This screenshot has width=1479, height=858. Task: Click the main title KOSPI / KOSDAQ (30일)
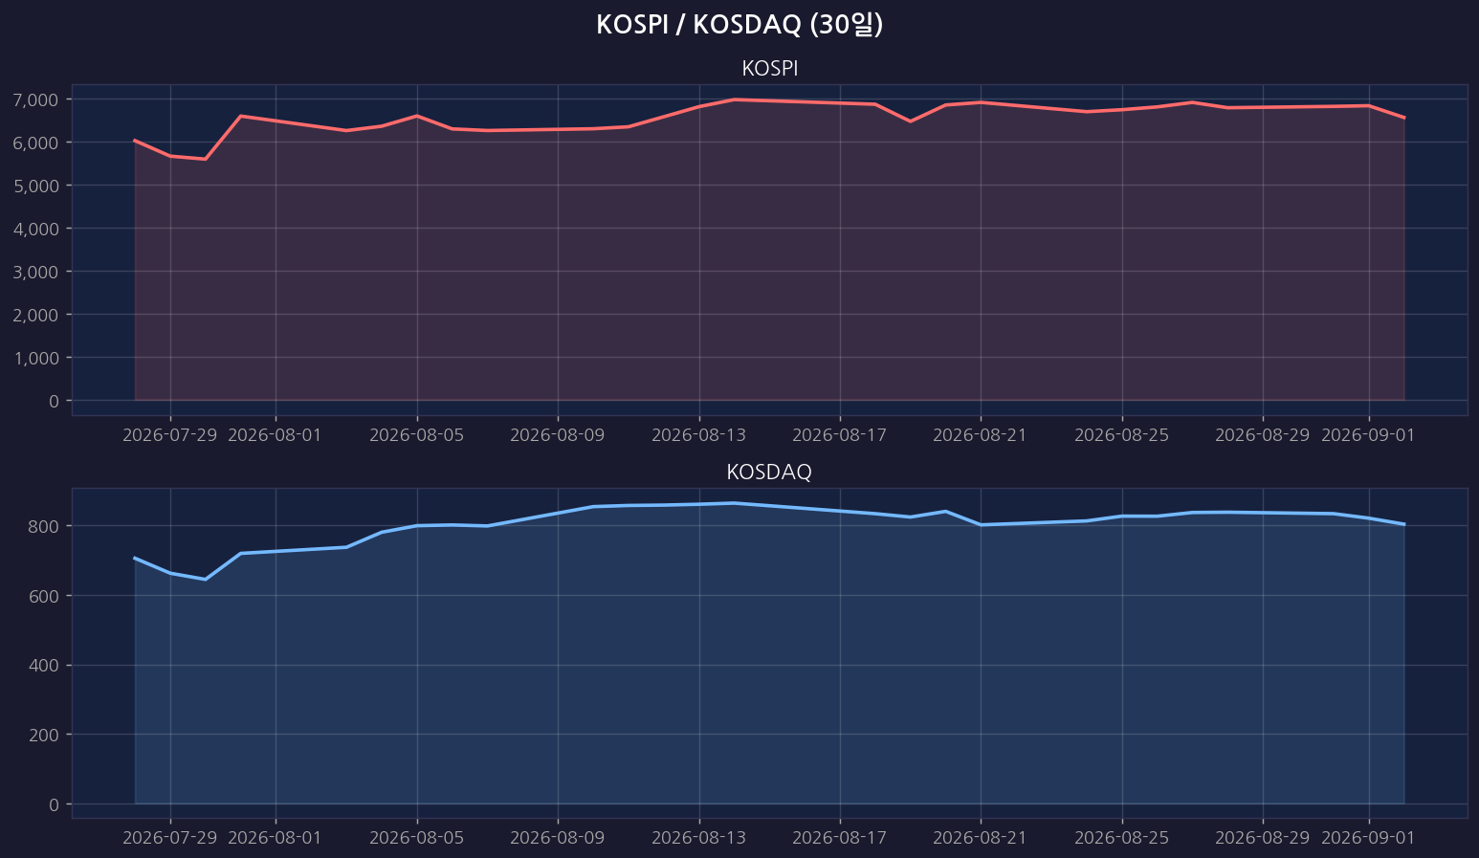(x=739, y=25)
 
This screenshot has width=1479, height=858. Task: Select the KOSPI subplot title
(x=770, y=69)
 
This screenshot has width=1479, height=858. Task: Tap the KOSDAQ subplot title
(x=769, y=472)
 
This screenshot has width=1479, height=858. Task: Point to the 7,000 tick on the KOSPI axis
(x=35, y=99)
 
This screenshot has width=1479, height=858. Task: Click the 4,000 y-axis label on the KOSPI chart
(x=35, y=229)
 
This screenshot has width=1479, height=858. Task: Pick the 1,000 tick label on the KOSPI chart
(x=35, y=359)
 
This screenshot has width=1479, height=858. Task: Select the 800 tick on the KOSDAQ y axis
(x=44, y=526)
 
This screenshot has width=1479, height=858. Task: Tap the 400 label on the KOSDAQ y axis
(x=44, y=666)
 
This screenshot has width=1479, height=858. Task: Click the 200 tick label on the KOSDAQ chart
(x=44, y=735)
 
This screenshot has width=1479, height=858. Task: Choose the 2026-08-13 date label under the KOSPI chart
(x=698, y=435)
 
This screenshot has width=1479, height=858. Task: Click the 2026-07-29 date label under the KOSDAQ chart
(x=170, y=838)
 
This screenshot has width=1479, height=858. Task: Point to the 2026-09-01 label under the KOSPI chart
(x=1368, y=435)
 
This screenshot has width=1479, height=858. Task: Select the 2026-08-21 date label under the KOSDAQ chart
(x=981, y=838)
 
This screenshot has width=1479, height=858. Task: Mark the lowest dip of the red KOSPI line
(x=206, y=159)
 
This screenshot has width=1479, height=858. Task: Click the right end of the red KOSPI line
(x=1403, y=118)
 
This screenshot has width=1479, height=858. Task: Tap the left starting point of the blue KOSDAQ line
(x=135, y=558)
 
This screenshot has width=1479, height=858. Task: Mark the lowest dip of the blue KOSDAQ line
(x=206, y=580)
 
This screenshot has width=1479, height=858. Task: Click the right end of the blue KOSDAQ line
(x=1403, y=524)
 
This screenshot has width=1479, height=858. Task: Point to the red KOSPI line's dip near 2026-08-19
(x=911, y=121)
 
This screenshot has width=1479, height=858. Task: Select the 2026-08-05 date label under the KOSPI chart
(x=417, y=435)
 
